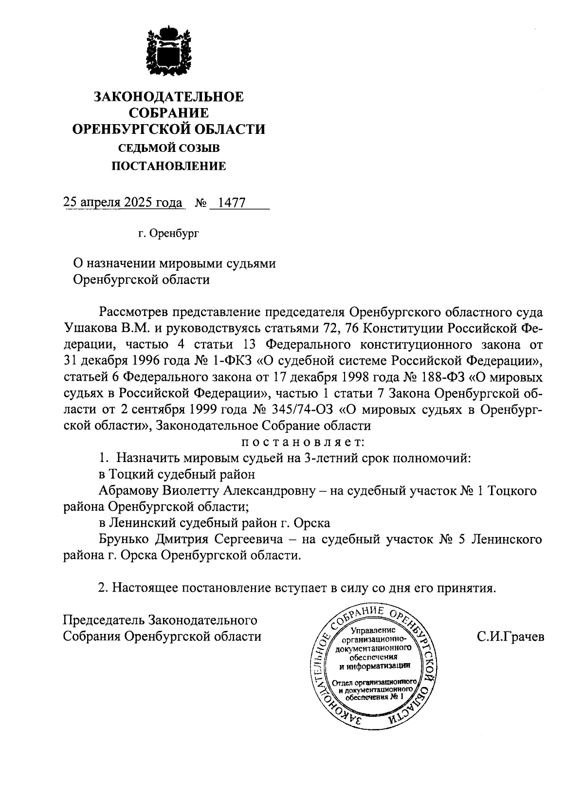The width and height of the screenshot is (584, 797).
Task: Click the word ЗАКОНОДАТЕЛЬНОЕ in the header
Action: pyautogui.click(x=168, y=96)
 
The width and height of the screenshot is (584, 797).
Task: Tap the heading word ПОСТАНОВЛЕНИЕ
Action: pyautogui.click(x=169, y=167)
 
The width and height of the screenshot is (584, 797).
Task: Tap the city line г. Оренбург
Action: pyautogui.click(x=168, y=234)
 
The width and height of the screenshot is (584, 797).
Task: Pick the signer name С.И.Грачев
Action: pyautogui.click(x=511, y=637)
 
